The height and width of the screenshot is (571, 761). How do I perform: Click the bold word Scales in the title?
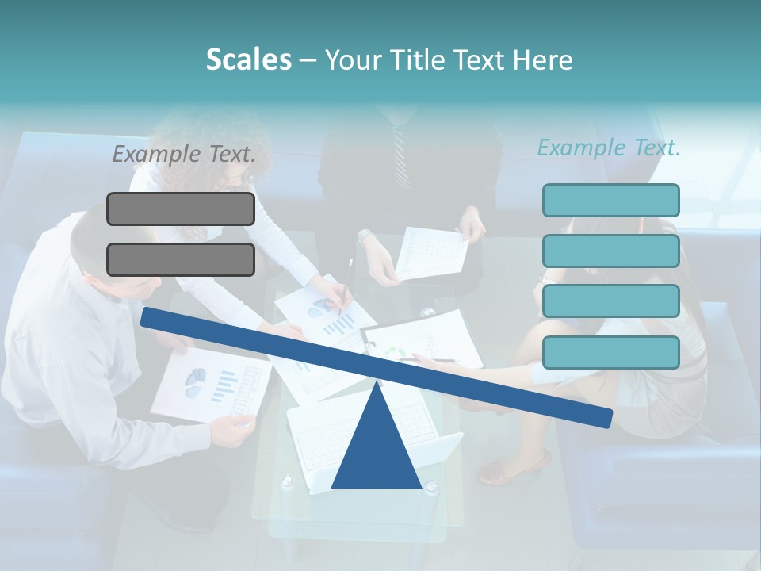point(248,59)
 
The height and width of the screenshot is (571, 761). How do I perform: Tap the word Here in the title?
point(542,59)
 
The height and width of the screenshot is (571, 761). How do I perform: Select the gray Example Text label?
point(184,154)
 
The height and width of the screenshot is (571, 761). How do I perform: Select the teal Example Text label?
point(609,148)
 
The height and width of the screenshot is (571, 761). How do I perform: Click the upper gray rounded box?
point(181,209)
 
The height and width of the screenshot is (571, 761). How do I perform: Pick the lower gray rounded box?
point(181,259)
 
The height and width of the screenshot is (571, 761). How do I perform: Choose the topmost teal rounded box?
point(610,200)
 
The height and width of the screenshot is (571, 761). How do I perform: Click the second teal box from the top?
point(610,251)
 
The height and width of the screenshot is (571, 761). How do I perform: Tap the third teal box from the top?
point(610,301)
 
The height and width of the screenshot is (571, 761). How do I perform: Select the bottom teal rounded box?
point(610,352)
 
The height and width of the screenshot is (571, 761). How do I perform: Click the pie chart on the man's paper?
point(195,383)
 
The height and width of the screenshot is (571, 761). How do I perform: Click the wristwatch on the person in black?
point(365,237)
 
